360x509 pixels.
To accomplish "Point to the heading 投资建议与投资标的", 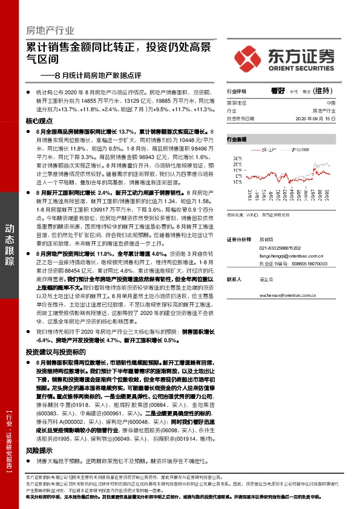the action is click(x=56, y=351).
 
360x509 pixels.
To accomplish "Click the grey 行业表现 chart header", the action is click(x=237, y=139).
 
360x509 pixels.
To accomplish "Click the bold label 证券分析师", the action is click(x=239, y=239).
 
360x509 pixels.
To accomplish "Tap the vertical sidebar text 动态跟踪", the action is click(x=10, y=245).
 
